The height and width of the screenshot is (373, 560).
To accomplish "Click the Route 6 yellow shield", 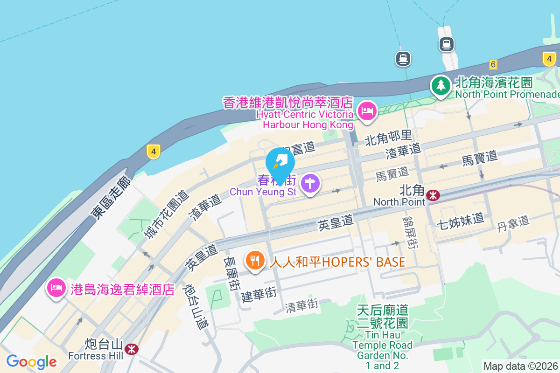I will pyautogui.click(x=493, y=63).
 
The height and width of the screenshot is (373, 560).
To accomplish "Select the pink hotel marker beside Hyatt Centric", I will pyautogui.click(x=367, y=111).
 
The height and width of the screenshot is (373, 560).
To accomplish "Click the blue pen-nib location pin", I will pyautogui.click(x=280, y=163).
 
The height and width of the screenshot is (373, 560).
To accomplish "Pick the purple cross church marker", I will pyautogui.click(x=310, y=183).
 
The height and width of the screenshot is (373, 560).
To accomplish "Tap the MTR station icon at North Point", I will pyautogui.click(x=434, y=194).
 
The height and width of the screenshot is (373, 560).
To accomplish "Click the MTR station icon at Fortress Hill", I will pyautogui.click(x=132, y=348).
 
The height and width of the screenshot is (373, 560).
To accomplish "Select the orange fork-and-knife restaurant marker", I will pyautogui.click(x=254, y=261).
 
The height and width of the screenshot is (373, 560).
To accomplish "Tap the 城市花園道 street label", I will pyautogui.click(x=166, y=214).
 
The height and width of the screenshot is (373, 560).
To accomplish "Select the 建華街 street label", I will pyautogui.click(x=259, y=294).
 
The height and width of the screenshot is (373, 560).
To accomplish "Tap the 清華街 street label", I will pyautogui.click(x=301, y=306).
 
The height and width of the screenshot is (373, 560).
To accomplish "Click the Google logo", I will pyautogui.click(x=31, y=361).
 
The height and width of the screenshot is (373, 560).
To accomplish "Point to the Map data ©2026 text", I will pyautogui.click(x=520, y=366).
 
